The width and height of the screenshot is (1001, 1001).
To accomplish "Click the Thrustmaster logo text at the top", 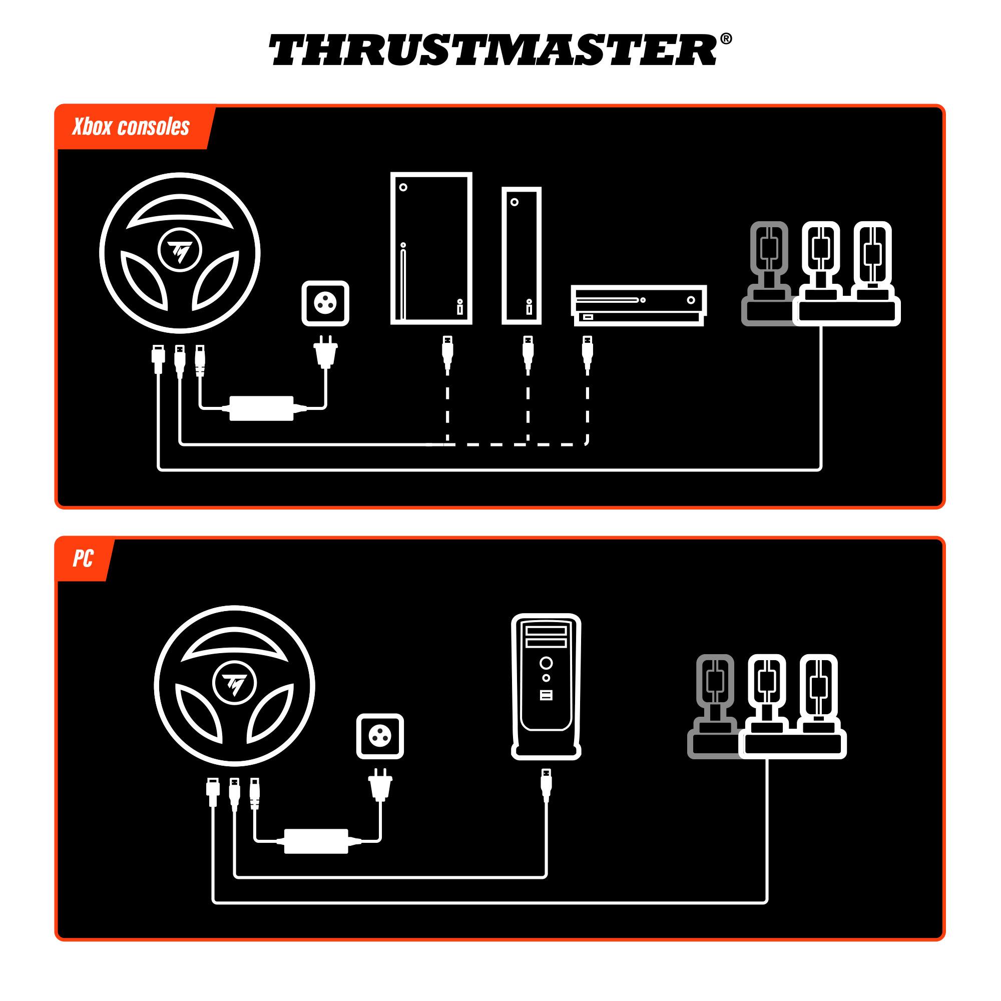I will pyautogui.click(x=492, y=50).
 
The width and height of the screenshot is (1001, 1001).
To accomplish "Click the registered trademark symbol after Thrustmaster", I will pyautogui.click(x=726, y=39).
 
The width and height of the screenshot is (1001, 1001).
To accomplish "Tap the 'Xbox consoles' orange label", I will pyautogui.click(x=131, y=127).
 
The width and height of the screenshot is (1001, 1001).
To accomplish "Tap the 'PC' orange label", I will pyautogui.click(x=83, y=559).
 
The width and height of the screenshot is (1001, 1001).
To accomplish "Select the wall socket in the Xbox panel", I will pyautogui.click(x=325, y=304).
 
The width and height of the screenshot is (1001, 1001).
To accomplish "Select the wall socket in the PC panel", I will pyautogui.click(x=380, y=736).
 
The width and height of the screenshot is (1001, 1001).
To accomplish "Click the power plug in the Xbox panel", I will pyautogui.click(x=326, y=352).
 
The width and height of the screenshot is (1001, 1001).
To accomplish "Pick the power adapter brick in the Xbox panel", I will pyautogui.click(x=261, y=408).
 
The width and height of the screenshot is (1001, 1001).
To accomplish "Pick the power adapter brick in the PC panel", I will pyautogui.click(x=316, y=841).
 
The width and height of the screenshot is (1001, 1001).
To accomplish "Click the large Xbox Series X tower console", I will pyautogui.click(x=431, y=249).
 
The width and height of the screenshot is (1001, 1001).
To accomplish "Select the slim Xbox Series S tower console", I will pyautogui.click(x=521, y=256).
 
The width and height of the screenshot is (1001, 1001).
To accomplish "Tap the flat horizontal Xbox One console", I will pyautogui.click(x=638, y=305).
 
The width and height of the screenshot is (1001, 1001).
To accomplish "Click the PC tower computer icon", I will pyautogui.click(x=546, y=686).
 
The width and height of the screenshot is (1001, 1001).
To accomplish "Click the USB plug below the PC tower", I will pyautogui.click(x=546, y=784).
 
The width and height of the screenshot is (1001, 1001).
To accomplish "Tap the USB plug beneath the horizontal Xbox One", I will pyautogui.click(x=587, y=352).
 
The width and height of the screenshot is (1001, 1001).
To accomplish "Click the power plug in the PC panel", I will pyautogui.click(x=380, y=784).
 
